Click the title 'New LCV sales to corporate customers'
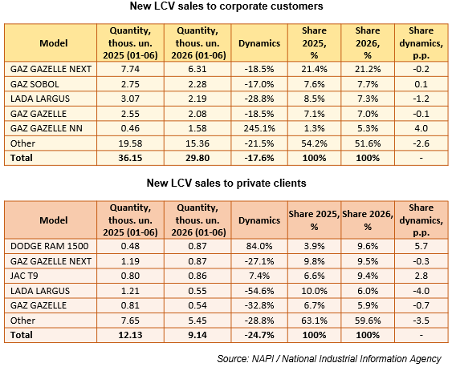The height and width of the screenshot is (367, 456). pos(226,6)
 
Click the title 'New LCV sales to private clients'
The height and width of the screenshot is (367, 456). pos(226,183)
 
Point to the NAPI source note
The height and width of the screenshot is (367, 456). pos(329,359)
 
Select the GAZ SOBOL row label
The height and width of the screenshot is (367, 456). pos(35,84)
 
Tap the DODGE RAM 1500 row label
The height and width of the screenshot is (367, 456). pos(49,246)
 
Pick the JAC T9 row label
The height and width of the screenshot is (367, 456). pos(24,276)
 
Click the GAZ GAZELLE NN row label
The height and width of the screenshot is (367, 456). pos(47,128)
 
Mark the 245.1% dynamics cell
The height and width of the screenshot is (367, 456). pos(259,128)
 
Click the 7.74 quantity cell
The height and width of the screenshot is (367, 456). pos(130,69)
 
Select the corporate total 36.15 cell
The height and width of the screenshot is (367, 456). pos(130,158)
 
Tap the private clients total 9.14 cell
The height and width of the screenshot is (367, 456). pos(197,335)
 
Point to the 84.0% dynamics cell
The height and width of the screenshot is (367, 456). pos(259,246)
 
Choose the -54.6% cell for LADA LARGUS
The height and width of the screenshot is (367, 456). pos(259,291)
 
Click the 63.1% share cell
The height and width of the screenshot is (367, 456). pos(314,321)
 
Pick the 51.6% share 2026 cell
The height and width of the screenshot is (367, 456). pos(368,143)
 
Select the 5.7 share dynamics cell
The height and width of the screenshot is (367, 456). pos(421,246)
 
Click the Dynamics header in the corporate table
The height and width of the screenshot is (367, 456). pos(259,43)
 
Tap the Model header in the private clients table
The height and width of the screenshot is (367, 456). pos(54,220)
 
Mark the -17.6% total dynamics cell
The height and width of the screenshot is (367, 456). pos(259,158)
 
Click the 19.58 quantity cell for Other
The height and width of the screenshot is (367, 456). pos(130,143)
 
